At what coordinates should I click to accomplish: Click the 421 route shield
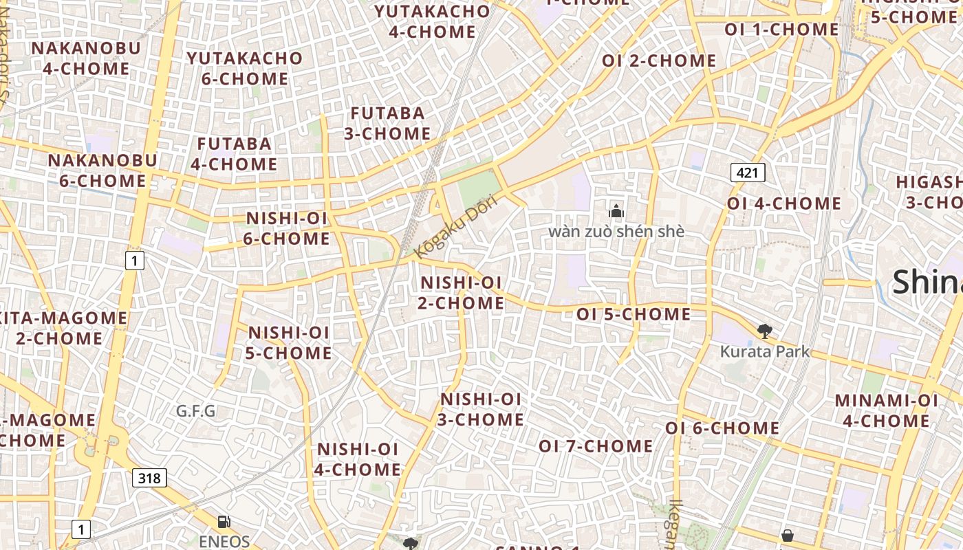tap(748, 173)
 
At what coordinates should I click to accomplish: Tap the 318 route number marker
tap(149, 478)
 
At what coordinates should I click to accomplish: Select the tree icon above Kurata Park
tap(764, 332)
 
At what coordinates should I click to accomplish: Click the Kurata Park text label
tap(764, 352)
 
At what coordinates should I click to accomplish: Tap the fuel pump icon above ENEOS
tap(224, 522)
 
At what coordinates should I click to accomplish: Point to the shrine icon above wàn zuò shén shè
tap(616, 211)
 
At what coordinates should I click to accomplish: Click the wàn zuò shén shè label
tap(616, 231)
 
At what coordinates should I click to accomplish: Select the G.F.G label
tap(196, 411)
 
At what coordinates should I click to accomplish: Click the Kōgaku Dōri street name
tap(455, 225)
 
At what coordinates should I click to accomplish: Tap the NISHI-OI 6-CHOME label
tap(288, 229)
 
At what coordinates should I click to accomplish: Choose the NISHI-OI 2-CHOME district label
tap(461, 293)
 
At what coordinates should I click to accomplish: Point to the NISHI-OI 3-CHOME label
tap(481, 409)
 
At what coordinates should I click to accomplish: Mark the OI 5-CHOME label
tap(634, 315)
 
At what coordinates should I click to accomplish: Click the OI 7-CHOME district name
tap(596, 446)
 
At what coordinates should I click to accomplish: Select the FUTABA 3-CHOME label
tap(387, 123)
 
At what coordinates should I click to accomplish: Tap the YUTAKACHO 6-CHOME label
tap(245, 69)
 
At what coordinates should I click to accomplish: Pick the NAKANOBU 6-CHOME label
tap(102, 170)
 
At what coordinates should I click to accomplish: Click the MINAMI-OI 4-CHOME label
tap(887, 410)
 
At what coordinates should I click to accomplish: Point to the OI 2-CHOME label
tap(659, 61)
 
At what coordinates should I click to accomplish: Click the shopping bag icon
tap(788, 535)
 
